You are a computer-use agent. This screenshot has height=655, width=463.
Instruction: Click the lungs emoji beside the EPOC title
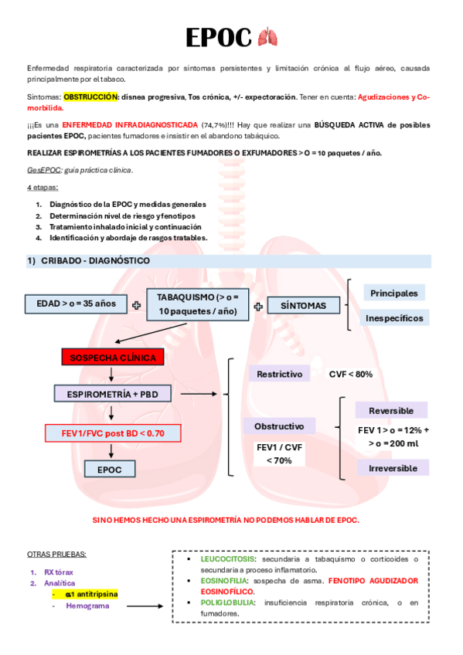point(267,37)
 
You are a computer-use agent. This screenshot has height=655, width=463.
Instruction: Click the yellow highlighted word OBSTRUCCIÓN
point(91,97)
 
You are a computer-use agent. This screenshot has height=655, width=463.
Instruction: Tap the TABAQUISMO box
point(198,304)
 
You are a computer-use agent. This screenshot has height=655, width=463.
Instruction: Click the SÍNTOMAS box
point(304,305)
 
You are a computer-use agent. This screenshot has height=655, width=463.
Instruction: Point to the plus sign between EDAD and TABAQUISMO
point(137,305)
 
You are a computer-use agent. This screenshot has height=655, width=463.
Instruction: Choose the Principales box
point(393,293)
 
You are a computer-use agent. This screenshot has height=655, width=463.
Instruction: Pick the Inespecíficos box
point(393,317)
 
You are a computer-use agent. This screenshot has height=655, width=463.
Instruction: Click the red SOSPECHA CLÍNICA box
point(113,358)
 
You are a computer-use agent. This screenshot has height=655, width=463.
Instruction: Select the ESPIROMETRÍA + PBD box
point(113,394)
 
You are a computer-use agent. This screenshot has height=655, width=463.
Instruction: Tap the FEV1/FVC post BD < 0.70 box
point(113,433)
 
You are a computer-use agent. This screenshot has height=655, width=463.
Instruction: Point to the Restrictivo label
point(279,374)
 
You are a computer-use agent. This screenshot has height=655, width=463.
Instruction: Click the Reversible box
point(391,410)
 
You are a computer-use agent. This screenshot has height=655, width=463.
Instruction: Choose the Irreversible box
point(393,467)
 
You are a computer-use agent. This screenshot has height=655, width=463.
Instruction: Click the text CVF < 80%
point(351,374)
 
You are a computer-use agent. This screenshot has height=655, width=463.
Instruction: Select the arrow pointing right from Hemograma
point(147,606)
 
